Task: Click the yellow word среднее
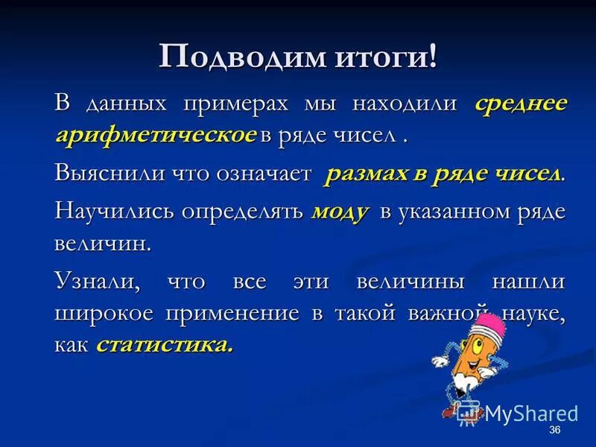click(x=521, y=104)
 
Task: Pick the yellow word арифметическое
click(x=156, y=135)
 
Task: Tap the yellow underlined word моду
click(x=340, y=212)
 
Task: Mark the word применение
click(x=232, y=314)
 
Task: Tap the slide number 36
click(x=554, y=431)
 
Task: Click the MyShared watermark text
click(x=530, y=413)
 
